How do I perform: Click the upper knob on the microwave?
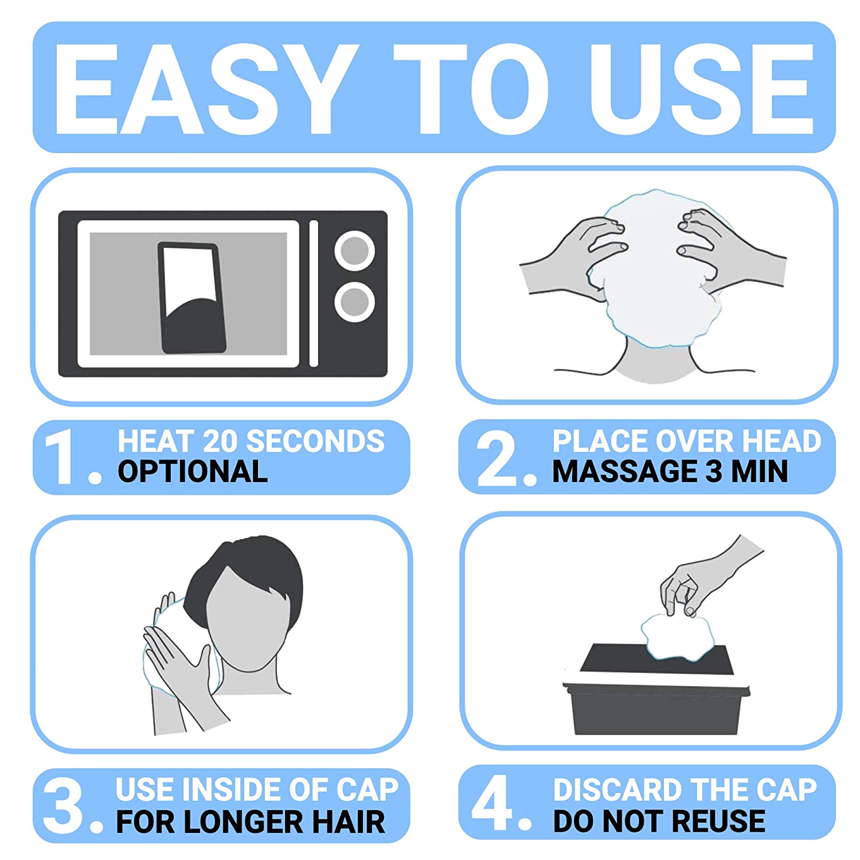[x=355, y=251]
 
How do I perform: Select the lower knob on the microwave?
[x=355, y=302]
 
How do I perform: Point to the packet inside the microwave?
[x=192, y=298]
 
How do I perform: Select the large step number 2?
[x=497, y=458]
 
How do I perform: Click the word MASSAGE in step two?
[x=625, y=472]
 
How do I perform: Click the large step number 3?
[x=63, y=806]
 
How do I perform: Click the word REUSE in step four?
[x=718, y=821]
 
